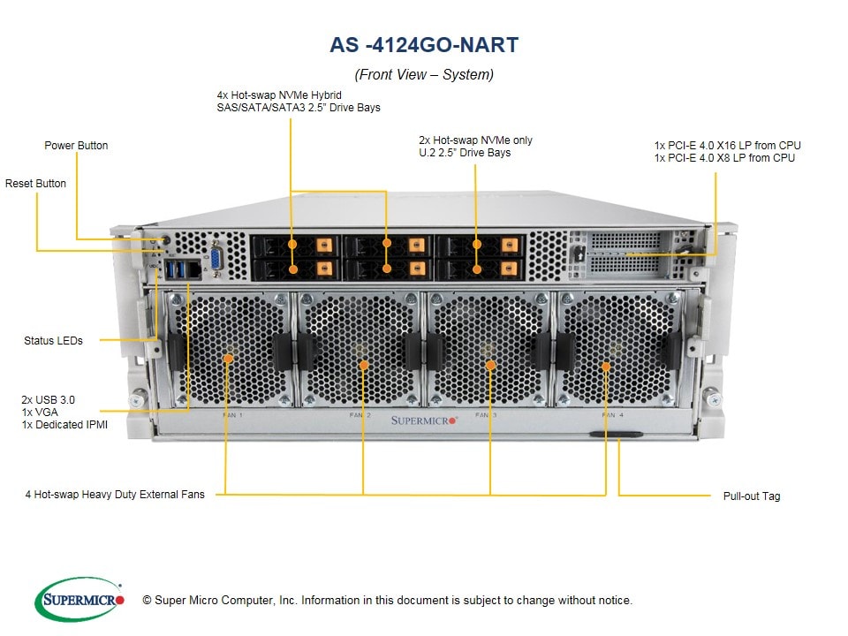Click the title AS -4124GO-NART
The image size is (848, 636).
424,45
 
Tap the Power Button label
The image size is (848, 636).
76,146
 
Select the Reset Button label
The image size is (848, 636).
35,184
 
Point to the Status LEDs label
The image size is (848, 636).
53,341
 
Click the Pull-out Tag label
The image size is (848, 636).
752,496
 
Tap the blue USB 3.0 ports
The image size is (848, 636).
175,269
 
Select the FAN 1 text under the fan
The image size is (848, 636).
232,415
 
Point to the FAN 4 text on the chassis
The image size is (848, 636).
613,415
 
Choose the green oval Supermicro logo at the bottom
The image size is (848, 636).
79,599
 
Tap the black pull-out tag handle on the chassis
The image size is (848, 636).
616,434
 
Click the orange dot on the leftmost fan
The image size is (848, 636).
228,358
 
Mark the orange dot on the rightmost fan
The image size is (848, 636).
606,367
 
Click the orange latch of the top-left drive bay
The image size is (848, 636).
323,246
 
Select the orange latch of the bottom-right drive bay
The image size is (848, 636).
509,269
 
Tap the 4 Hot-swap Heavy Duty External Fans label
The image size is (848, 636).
115,495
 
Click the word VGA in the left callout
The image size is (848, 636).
47,413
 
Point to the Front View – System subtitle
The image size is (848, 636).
424,74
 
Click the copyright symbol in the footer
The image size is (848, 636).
147,601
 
